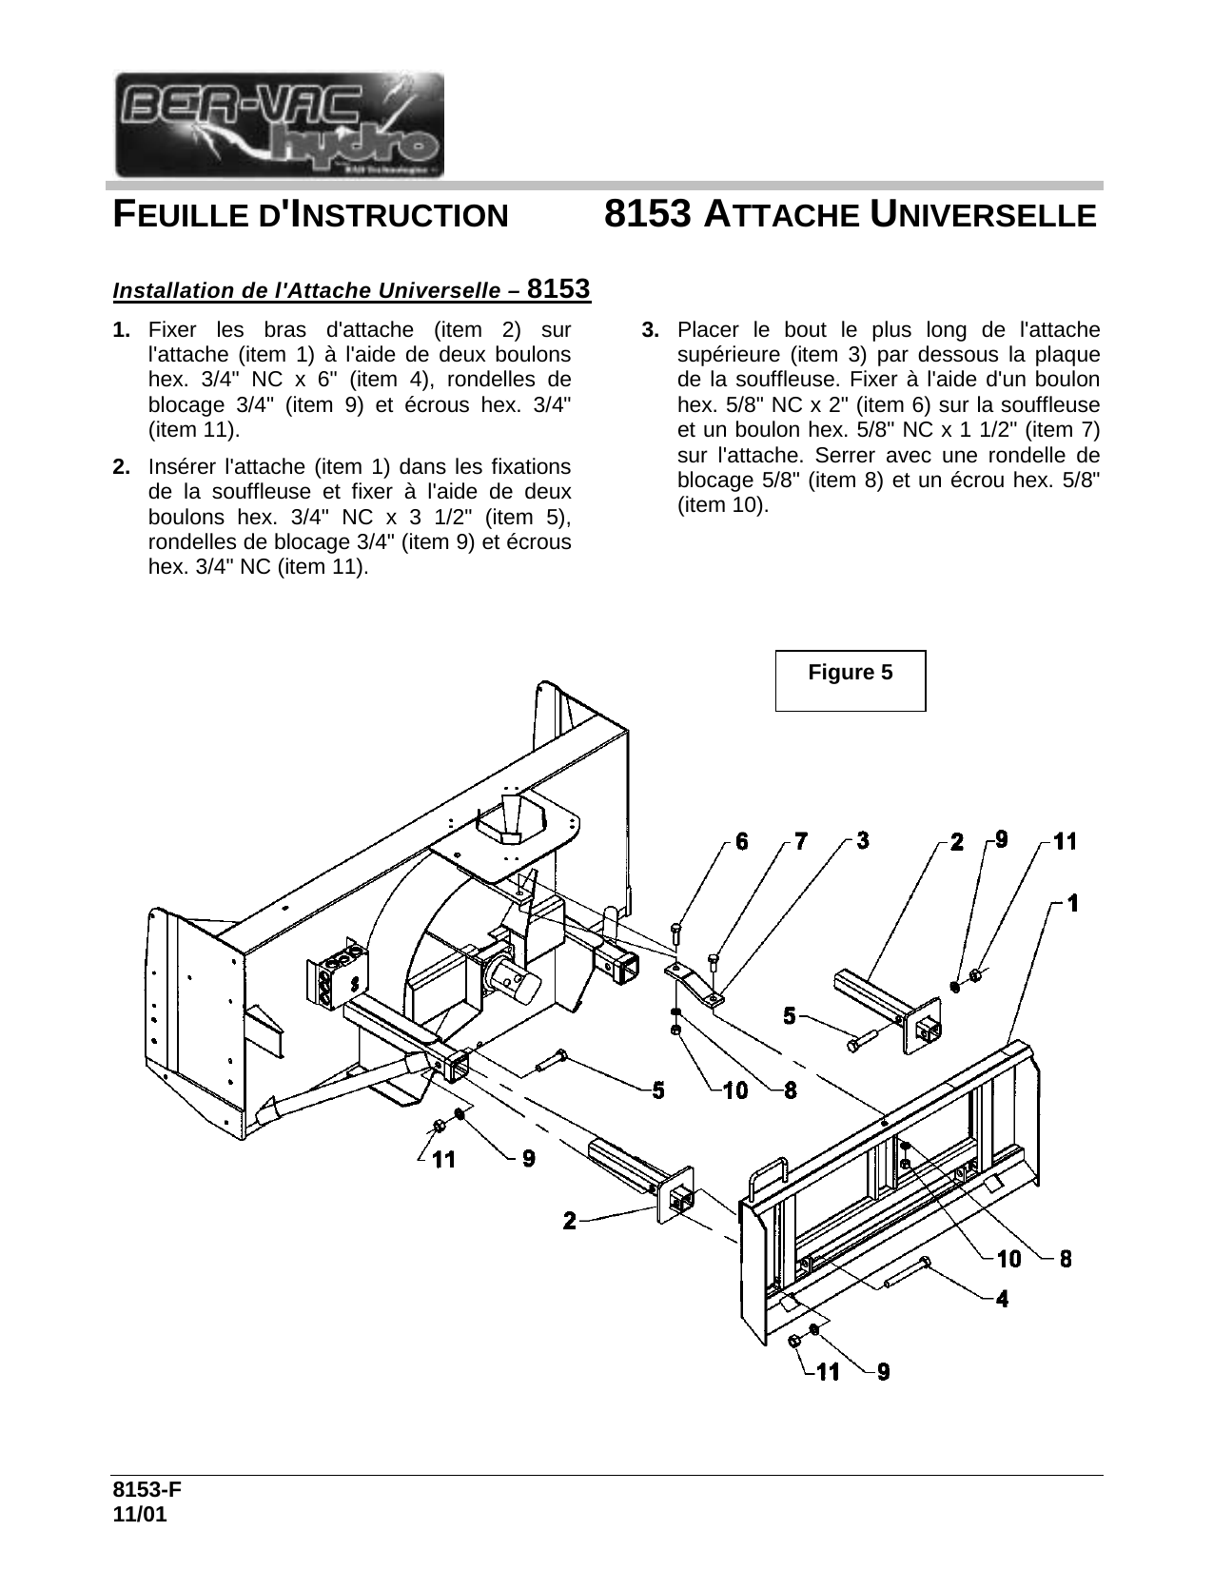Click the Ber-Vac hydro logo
(x=280, y=125)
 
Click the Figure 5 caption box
(x=851, y=680)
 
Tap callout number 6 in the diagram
(x=741, y=842)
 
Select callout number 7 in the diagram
(x=800, y=841)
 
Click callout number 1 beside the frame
(x=1073, y=903)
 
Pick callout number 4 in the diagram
(x=1002, y=1300)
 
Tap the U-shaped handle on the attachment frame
(x=769, y=1181)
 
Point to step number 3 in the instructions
(x=650, y=330)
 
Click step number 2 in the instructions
(x=122, y=467)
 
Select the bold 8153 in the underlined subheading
(x=558, y=288)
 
